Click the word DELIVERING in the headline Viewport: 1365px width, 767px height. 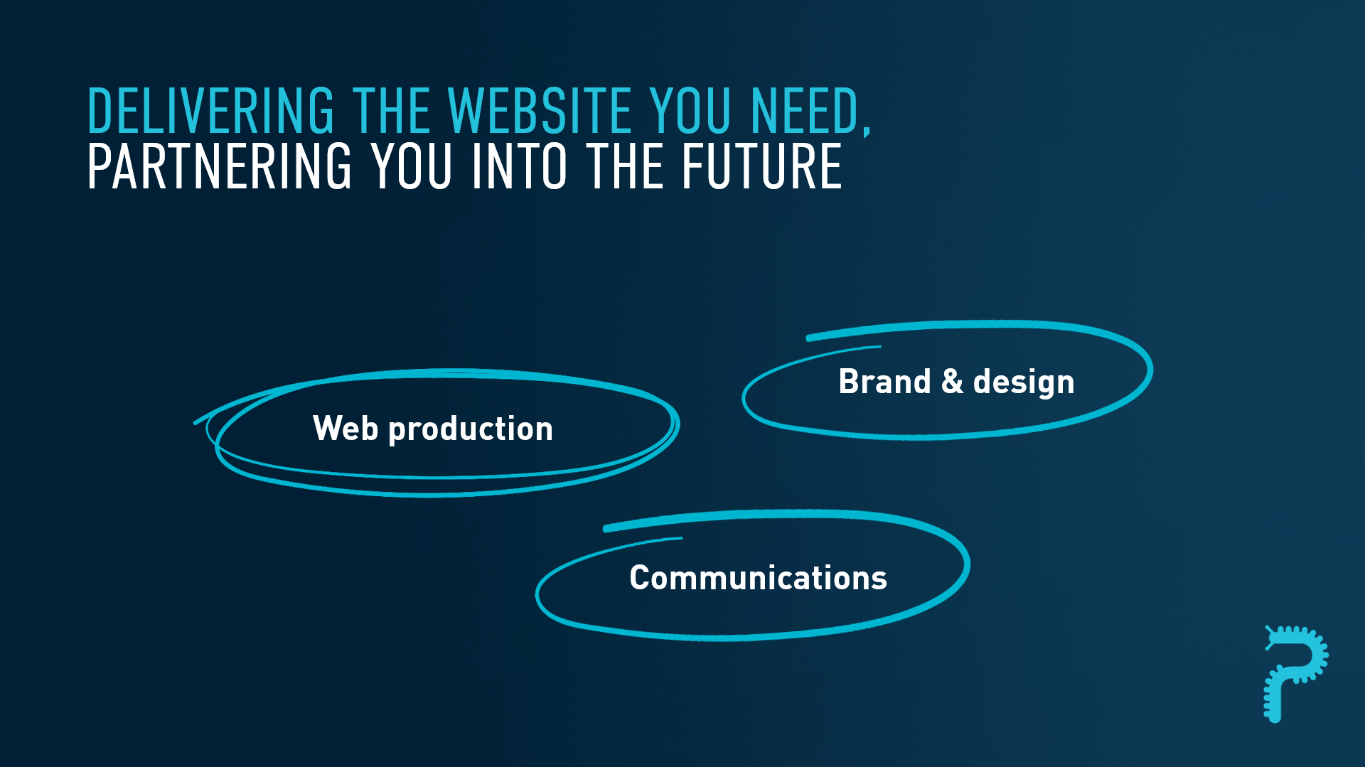[210, 111]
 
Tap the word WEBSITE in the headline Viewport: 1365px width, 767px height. [540, 111]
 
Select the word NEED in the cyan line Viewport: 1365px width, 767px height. [805, 111]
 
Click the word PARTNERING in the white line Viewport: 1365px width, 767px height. [220, 166]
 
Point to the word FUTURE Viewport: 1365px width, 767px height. [761, 166]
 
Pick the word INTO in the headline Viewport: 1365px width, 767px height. [519, 166]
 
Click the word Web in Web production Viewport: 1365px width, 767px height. [346, 428]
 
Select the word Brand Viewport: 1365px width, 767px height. [884, 381]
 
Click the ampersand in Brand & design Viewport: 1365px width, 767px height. [952, 381]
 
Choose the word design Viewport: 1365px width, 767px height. [1024, 382]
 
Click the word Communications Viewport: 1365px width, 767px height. [758, 577]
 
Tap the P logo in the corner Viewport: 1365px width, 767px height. [1295, 674]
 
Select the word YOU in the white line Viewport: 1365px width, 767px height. [412, 166]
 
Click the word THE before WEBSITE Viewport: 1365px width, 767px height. [392, 111]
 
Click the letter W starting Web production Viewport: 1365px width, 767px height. [328, 428]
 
